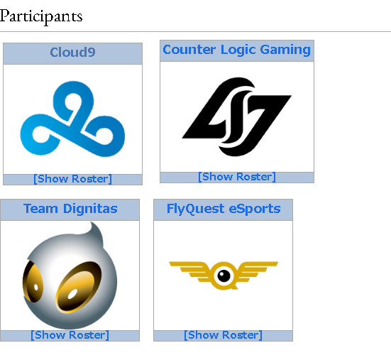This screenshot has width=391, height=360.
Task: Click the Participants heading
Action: pos(41,16)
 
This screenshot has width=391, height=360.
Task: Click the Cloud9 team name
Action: pos(72,53)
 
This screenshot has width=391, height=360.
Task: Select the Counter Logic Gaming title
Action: pos(236,50)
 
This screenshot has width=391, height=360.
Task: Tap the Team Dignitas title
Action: pos(70,209)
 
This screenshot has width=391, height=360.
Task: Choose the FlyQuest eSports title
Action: pos(224,209)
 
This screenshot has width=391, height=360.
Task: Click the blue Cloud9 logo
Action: pos(72,119)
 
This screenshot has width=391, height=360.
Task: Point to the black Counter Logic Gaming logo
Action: pos(236,116)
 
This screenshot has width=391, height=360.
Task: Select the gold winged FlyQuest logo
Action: pos(224,276)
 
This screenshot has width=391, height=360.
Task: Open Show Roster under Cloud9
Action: pos(72,179)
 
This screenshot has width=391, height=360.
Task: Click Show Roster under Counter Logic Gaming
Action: pos(237,177)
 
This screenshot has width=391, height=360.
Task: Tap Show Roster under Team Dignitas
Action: pos(70,335)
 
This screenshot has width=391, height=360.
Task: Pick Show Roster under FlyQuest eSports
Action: pos(224,335)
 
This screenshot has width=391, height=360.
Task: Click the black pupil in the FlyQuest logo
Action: pos(224,276)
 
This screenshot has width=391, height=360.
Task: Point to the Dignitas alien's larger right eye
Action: pos(79,287)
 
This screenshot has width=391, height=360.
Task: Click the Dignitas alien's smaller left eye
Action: pos(33,281)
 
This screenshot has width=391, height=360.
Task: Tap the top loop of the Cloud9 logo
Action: pos(73,99)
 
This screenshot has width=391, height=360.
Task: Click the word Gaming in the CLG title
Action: pos(285,50)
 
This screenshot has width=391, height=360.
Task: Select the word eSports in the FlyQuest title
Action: pos(255,209)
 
